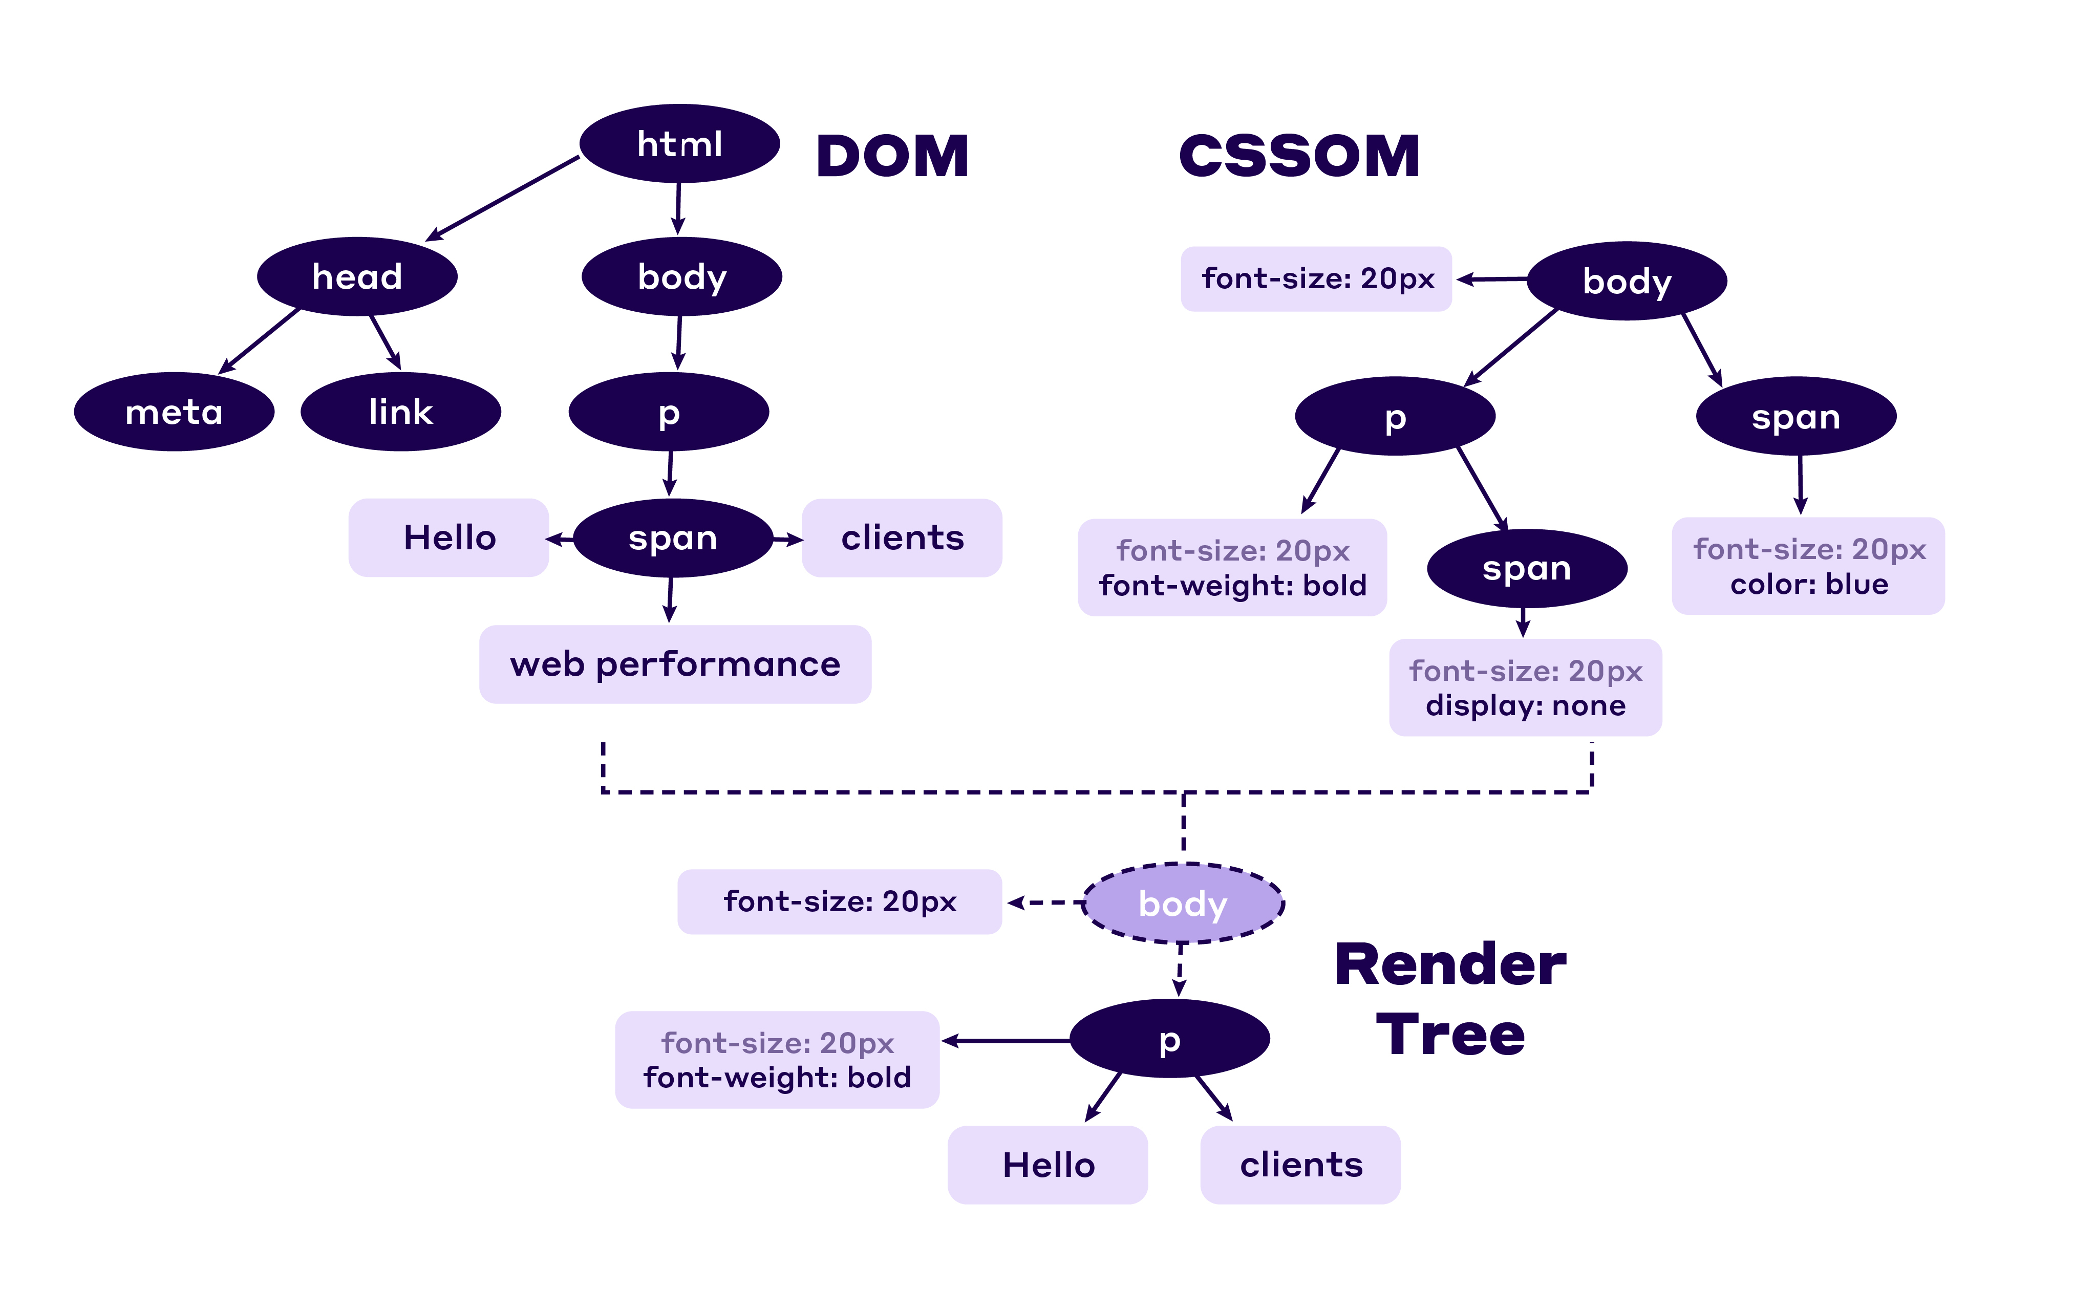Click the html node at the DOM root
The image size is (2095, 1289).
coord(679,143)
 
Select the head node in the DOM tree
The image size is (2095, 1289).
coord(357,276)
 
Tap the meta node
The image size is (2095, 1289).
coord(174,412)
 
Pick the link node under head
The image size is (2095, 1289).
coord(401,412)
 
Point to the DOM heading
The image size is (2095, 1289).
coord(892,157)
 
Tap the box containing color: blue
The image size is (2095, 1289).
coord(1808,566)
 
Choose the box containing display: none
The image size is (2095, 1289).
coord(1525,687)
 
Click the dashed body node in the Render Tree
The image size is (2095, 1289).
coord(1183,903)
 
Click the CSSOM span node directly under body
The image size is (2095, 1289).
coord(1795,416)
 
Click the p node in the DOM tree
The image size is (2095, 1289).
coord(669,412)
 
